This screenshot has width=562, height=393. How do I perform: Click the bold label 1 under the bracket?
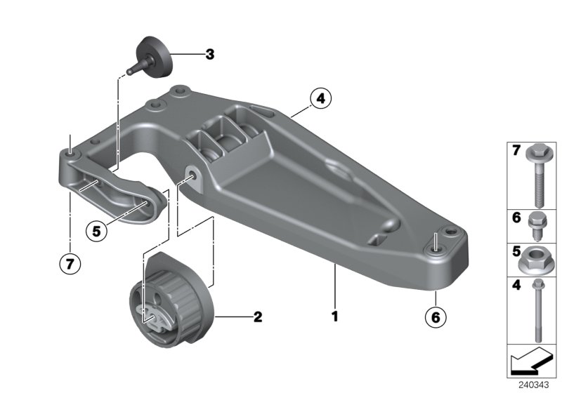point(335,317)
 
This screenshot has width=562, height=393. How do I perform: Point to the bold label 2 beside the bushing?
point(257,317)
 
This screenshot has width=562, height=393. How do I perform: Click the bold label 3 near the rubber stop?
point(209,54)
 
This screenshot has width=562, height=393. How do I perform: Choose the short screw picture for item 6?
point(535,225)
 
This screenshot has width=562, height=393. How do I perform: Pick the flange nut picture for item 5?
point(535,261)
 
